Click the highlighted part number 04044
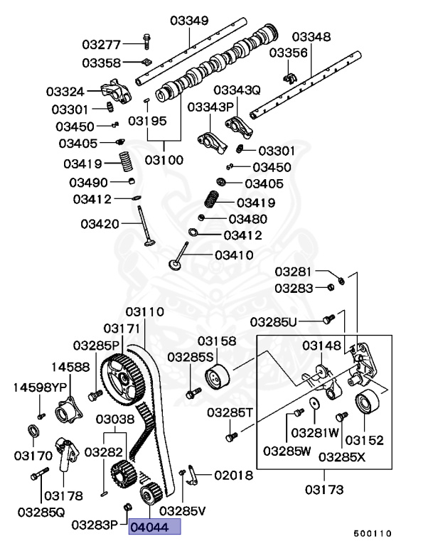[154, 527]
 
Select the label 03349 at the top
[189, 21]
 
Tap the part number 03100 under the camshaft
[164, 160]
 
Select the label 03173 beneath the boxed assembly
[326, 489]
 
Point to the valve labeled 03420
[146, 227]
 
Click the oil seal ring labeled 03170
[34, 432]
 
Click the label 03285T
[230, 412]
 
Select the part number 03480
[247, 218]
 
